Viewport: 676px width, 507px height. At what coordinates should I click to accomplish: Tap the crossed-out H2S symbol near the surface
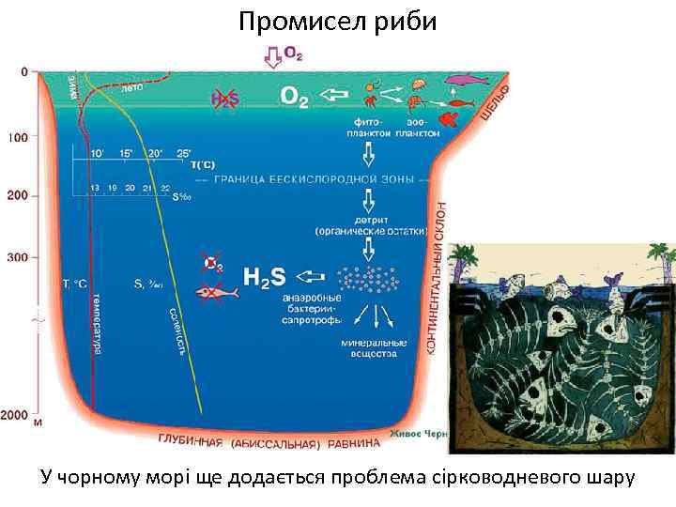[223, 97]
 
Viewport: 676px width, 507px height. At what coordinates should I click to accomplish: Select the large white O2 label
[294, 97]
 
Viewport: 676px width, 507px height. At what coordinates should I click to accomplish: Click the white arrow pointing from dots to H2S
[311, 278]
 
